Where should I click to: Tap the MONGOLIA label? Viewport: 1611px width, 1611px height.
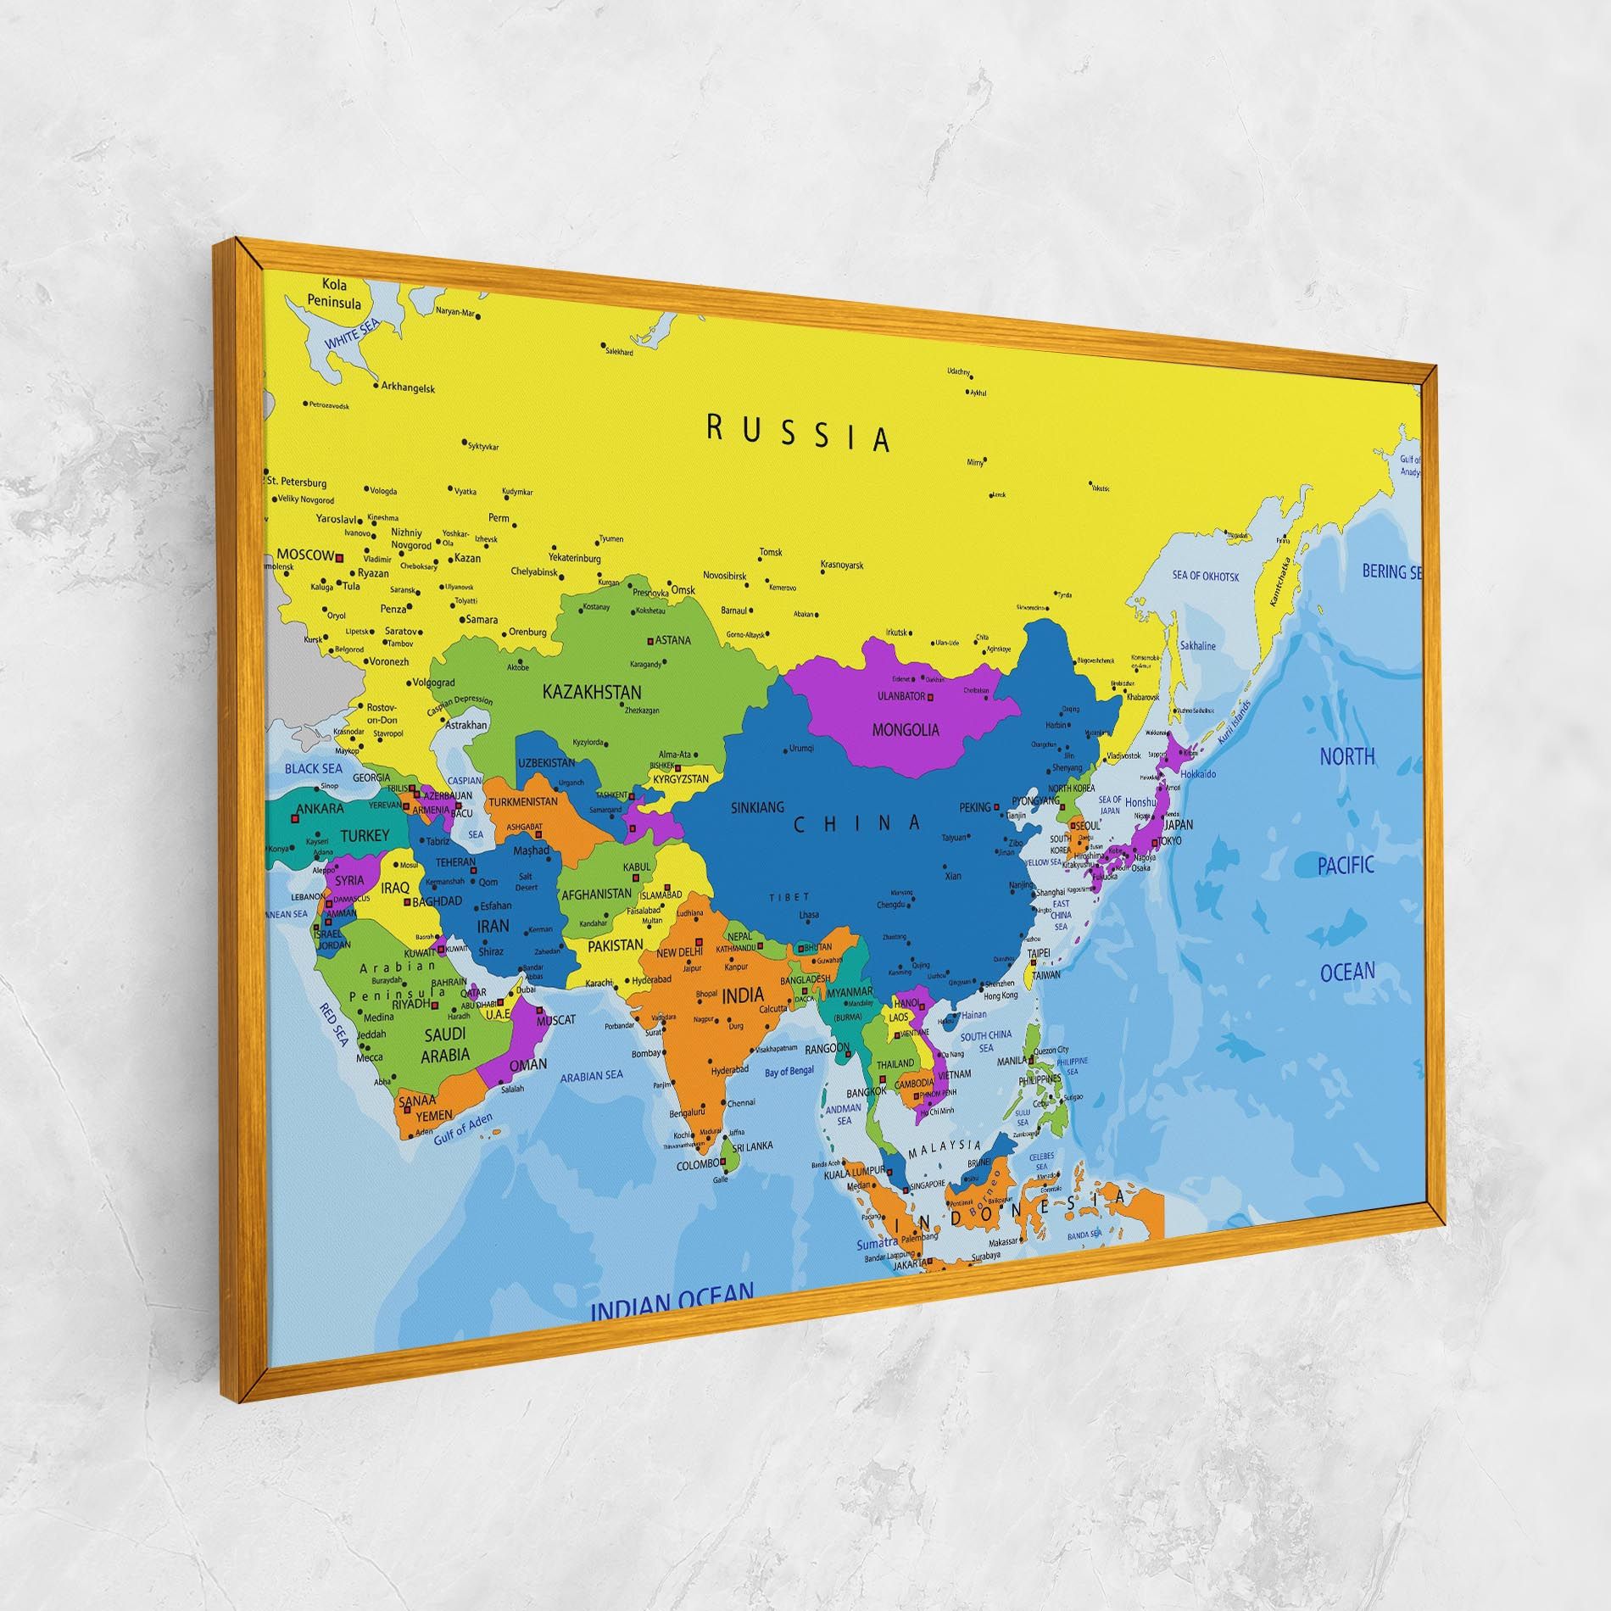point(906,728)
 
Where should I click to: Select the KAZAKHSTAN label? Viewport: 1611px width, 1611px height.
point(592,692)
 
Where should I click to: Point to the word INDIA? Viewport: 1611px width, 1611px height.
point(742,995)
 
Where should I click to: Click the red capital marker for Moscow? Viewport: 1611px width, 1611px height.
point(339,558)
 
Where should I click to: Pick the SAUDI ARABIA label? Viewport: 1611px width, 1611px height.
point(446,1045)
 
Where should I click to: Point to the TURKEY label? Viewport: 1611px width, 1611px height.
point(365,835)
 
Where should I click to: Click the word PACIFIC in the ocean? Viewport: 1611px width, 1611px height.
point(1345,866)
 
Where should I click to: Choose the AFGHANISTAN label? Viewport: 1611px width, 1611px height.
point(597,894)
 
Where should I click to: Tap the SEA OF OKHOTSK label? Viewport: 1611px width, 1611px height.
point(1205,577)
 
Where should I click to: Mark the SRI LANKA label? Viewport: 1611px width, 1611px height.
point(752,1146)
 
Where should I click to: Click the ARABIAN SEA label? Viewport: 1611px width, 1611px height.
point(592,1076)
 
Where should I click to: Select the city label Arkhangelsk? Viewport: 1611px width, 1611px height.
point(408,388)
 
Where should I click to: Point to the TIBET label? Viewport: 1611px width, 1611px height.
point(789,897)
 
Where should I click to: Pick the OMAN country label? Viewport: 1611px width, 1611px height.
point(528,1064)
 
